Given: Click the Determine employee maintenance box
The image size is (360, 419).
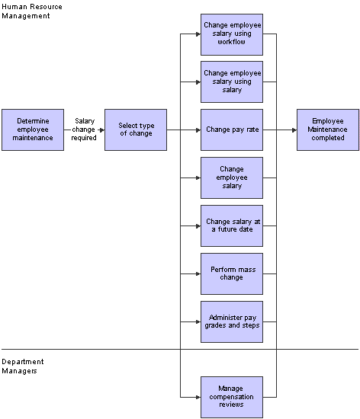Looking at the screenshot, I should pos(32,130).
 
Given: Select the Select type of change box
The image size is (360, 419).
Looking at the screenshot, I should pos(135,130).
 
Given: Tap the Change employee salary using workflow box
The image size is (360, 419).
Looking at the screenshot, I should pos(231,34).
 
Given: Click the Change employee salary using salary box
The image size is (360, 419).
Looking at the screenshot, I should pos(231,82).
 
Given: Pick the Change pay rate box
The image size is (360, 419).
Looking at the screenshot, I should pos(231,130).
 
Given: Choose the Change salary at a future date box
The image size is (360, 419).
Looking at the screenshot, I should pos(231,225).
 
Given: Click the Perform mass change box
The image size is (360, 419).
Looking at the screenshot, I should pos(231,273).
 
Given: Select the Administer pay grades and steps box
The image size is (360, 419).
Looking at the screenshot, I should pos(231,321).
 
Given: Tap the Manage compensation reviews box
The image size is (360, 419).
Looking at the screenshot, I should pos(231,397).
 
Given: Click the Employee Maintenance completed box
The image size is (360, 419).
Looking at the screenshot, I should pos(327,130).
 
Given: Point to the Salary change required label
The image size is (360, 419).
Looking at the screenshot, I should pos(84,130).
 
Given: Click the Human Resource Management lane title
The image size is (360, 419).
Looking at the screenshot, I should pos(31,11).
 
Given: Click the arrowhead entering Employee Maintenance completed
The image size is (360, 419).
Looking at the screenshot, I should pos(294,130).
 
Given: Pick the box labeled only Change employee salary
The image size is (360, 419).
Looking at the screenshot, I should pos(231,178).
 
